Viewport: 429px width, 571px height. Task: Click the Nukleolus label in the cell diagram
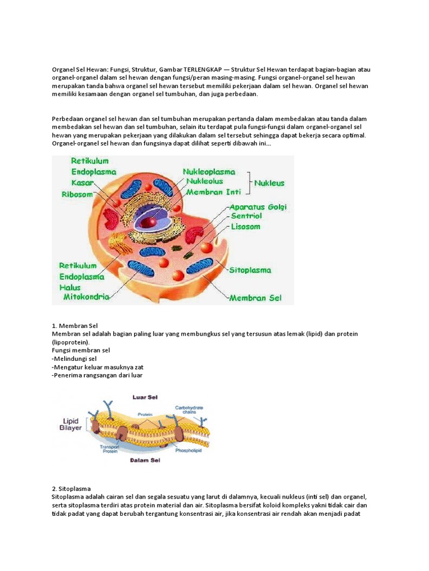click(x=204, y=181)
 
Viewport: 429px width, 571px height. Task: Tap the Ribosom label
click(x=77, y=195)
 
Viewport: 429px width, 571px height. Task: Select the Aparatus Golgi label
click(x=258, y=207)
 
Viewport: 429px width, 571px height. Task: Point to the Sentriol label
click(x=246, y=217)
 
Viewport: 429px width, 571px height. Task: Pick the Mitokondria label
click(x=86, y=297)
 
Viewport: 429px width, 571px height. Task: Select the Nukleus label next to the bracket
click(x=269, y=182)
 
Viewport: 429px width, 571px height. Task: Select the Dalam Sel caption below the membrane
click(x=145, y=461)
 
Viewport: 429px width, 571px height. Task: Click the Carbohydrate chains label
click(x=189, y=410)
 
